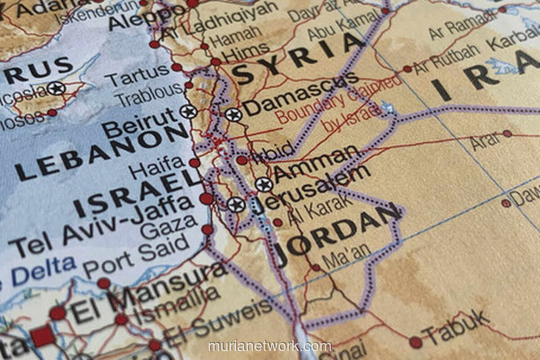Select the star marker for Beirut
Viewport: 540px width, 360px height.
point(188,111)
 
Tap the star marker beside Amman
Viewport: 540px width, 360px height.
point(264,184)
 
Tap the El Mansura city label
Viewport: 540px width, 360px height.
point(148,288)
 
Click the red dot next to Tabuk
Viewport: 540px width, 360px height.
point(415,342)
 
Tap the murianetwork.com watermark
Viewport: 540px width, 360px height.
point(270,346)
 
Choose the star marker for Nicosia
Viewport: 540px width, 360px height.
point(56,88)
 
